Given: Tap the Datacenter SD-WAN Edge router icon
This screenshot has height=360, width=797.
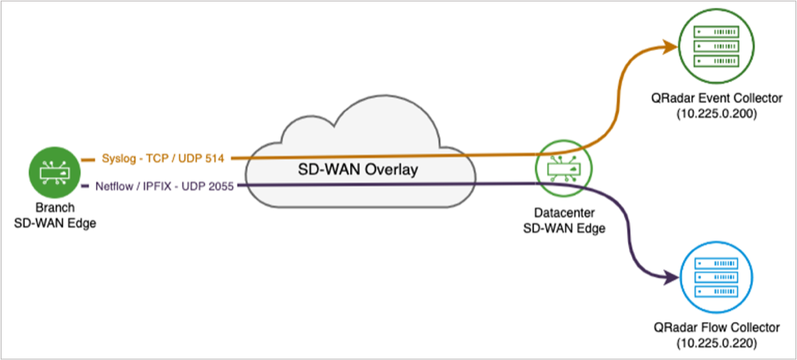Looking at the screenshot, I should click(562, 171).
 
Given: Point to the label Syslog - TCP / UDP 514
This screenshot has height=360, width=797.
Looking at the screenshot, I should click(163, 157).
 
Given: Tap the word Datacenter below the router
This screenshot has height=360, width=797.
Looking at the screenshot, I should click(563, 214).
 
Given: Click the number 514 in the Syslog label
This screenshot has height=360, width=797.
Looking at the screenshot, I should click(215, 157).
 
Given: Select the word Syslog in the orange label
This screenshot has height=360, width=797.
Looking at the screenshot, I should click(116, 157).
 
